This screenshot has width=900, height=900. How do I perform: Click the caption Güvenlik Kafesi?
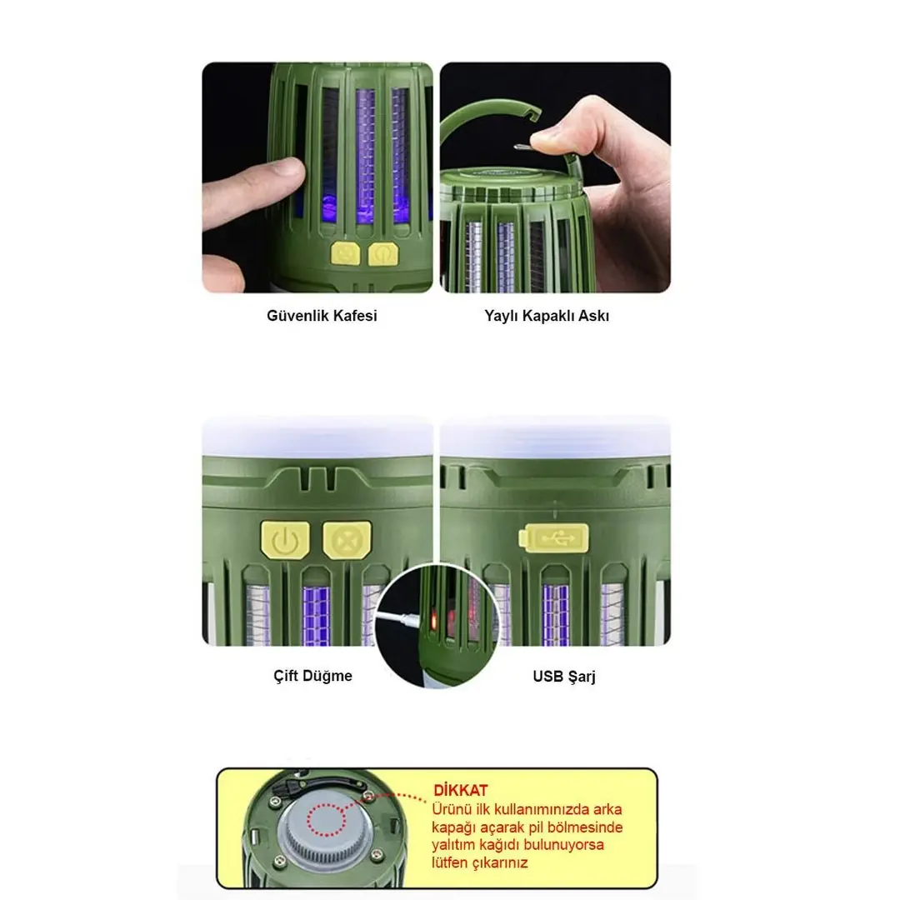(x=322, y=316)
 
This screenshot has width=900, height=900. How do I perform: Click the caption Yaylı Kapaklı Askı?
(x=547, y=316)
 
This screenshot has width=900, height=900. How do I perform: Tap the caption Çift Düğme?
(x=312, y=676)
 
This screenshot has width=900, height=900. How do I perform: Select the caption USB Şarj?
(x=563, y=676)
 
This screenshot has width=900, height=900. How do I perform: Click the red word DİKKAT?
(x=460, y=790)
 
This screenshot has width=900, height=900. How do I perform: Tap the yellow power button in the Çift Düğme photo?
(x=285, y=539)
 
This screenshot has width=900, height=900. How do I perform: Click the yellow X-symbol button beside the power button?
(x=347, y=539)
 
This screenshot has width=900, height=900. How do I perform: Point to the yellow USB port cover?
(x=554, y=538)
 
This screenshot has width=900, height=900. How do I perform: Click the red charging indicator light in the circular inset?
(x=434, y=621)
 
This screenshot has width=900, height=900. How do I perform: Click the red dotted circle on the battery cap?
(x=327, y=820)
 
